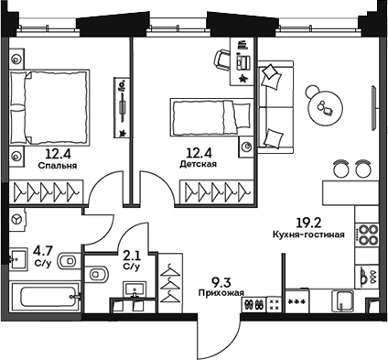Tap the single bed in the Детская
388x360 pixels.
coord(210,117)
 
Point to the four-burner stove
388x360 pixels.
coord(366,235)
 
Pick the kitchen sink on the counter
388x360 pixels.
coord(344,301)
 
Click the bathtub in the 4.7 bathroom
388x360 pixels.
coord(41,299)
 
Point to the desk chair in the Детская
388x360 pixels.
coord(223,60)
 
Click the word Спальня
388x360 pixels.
coord(57,167)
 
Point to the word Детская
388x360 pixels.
coord(198,165)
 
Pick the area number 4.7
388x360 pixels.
coord(42,247)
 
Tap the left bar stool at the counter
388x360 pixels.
coord(340,169)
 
